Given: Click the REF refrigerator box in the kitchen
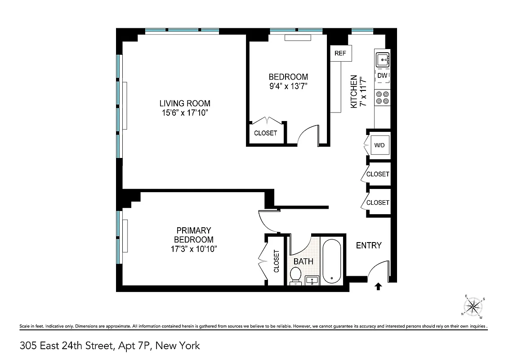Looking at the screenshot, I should pyautogui.click(x=340, y=54).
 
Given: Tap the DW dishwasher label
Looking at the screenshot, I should pyautogui.click(x=382, y=76).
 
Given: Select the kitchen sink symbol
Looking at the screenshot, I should pyautogui.click(x=383, y=58).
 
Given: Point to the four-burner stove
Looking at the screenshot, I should pyautogui.click(x=383, y=98).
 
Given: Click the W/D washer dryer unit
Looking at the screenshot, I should pyautogui.click(x=379, y=145).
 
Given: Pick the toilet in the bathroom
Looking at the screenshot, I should pyautogui.click(x=295, y=275).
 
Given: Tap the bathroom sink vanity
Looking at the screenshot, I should pyautogui.click(x=312, y=280).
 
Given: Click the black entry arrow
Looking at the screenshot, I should pyautogui.click(x=378, y=286).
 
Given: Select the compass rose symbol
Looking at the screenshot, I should pyautogui.click(x=473, y=307).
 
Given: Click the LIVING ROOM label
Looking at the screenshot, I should pyautogui.click(x=185, y=103).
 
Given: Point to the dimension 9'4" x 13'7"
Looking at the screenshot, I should pyautogui.click(x=288, y=85).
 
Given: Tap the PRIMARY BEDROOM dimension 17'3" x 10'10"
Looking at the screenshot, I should pyautogui.click(x=193, y=248).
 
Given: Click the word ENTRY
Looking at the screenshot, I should pyautogui.click(x=369, y=245).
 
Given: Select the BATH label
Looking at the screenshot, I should pyautogui.click(x=303, y=261).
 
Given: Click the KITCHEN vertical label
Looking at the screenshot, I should pyautogui.click(x=354, y=91).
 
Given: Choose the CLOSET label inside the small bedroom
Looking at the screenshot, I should pyautogui.click(x=265, y=133).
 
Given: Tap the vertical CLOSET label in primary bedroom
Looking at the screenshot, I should pyautogui.click(x=276, y=261).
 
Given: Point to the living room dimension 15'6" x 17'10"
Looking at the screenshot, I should pyautogui.click(x=185, y=112).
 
